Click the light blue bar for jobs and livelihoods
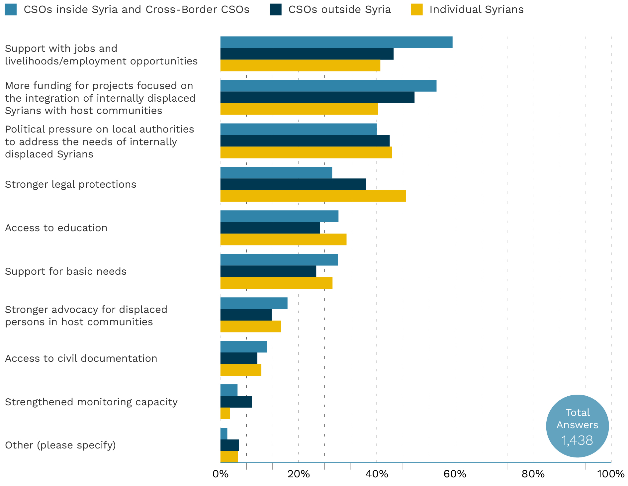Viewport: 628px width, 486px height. (x=336, y=42)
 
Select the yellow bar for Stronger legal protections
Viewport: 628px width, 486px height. (x=313, y=196)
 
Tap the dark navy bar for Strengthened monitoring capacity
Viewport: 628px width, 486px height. (x=236, y=402)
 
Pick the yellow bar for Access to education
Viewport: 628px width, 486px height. (x=283, y=240)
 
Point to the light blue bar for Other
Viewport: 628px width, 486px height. (x=224, y=434)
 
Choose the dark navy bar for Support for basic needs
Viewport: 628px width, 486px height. (x=268, y=271)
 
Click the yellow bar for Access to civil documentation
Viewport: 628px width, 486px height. (x=241, y=370)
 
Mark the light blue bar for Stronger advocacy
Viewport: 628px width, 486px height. (x=254, y=303)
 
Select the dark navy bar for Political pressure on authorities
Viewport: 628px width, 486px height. (x=305, y=141)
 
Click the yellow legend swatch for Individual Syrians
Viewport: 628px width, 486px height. (x=416, y=9)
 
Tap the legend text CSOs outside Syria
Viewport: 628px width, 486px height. (x=339, y=9)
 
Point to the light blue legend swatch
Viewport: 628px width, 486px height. (x=11, y=9)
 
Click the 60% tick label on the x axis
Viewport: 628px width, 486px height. (x=455, y=474)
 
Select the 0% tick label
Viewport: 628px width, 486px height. (x=221, y=474)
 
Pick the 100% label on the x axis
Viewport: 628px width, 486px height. (x=610, y=474)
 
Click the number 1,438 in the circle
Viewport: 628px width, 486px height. (x=577, y=440)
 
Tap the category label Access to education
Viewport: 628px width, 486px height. (x=56, y=228)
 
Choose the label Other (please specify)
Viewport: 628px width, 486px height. (x=60, y=445)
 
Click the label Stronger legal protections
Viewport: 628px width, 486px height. (x=70, y=184)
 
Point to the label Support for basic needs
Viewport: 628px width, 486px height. (x=66, y=271)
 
